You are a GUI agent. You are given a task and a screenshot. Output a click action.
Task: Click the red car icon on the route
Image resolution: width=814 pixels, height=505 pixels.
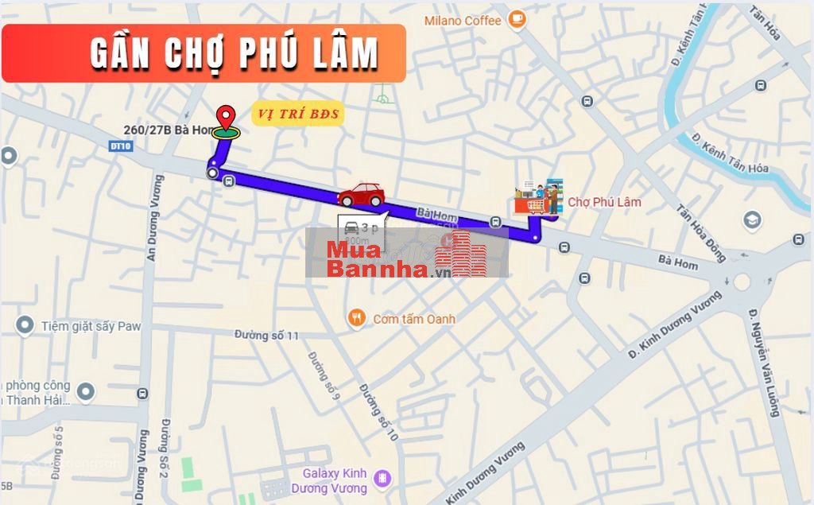click(x=361, y=194)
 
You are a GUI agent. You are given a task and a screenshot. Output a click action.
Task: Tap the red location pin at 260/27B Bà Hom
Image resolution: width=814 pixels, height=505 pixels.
click(x=227, y=118)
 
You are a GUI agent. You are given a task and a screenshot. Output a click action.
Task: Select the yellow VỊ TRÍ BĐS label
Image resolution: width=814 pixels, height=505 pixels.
click(x=297, y=115)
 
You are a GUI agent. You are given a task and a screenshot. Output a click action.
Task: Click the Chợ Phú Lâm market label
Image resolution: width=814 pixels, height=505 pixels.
click(x=604, y=202)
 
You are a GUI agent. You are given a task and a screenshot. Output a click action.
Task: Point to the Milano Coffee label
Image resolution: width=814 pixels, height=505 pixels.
click(x=462, y=21)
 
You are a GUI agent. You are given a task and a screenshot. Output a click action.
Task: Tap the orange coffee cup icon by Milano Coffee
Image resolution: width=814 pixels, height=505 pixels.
click(x=517, y=17)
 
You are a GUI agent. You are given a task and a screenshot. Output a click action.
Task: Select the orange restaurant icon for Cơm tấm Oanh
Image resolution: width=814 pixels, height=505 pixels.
click(x=357, y=319)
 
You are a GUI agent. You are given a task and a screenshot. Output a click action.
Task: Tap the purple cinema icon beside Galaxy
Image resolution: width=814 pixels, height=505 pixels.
click(x=383, y=478)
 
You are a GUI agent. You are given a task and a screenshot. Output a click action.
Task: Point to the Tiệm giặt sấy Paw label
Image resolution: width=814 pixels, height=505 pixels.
click(x=79, y=325)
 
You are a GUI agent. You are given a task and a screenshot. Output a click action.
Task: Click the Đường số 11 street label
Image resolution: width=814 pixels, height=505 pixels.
click(x=266, y=336)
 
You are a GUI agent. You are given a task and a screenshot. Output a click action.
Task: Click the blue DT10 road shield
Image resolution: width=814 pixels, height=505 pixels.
click(x=120, y=146)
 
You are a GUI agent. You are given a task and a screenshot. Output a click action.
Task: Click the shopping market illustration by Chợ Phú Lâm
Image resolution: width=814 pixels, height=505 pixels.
click(x=538, y=197)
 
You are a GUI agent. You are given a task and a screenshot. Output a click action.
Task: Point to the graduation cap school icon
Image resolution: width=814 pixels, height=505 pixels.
click(x=752, y=219)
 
